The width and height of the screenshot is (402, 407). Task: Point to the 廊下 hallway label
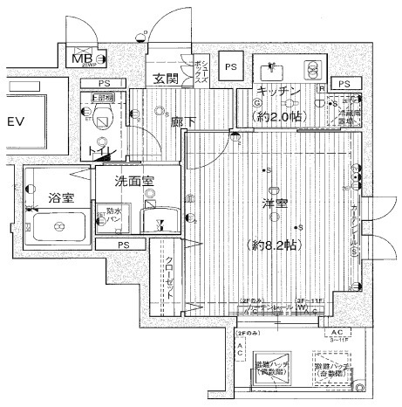[x=181, y=122]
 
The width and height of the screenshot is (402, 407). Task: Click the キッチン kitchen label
[x=278, y=93]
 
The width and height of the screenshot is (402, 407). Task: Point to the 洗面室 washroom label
[x=135, y=181]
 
